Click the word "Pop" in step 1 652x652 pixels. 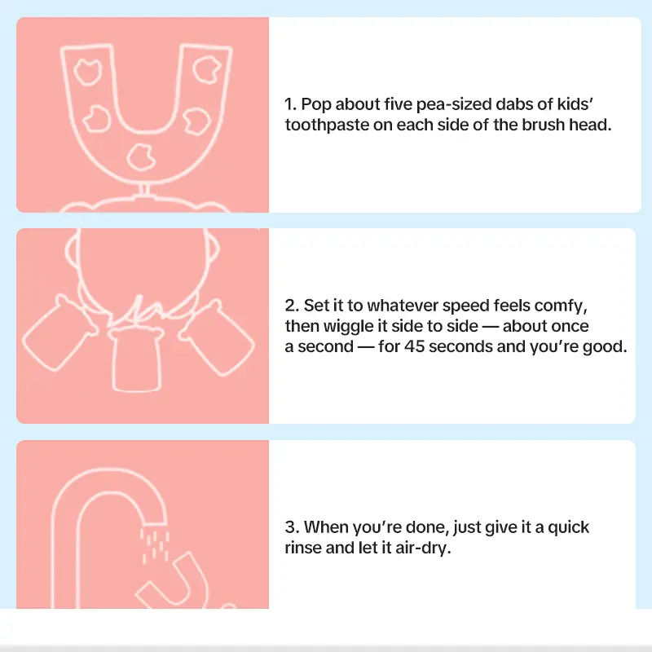point(316,105)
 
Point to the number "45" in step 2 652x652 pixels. point(414,346)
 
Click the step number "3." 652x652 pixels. point(292,527)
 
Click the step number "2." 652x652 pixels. point(292,306)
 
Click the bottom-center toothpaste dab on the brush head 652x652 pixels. point(141,157)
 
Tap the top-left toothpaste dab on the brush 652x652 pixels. point(88,72)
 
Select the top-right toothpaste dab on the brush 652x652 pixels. point(207,69)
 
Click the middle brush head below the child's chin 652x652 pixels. point(136,359)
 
